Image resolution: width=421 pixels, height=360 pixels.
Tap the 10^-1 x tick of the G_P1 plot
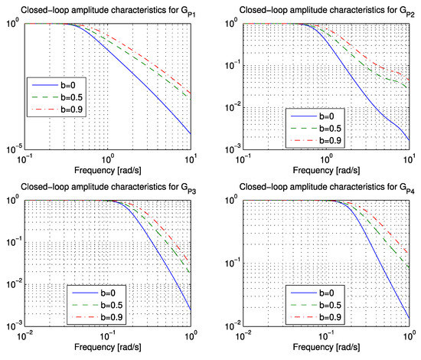(26, 156)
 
